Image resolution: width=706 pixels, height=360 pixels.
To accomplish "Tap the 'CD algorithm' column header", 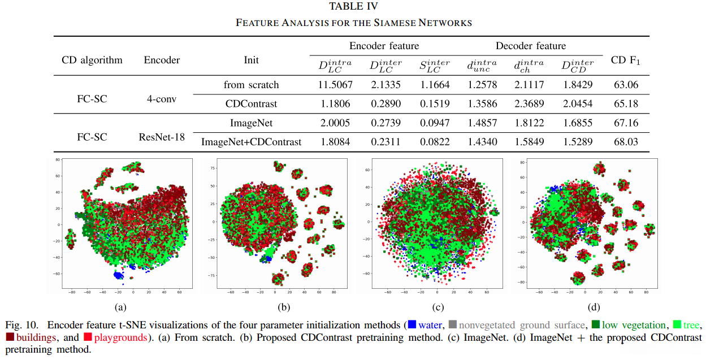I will pos(92,60).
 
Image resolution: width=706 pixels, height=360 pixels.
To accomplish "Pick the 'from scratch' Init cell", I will pos(251,85).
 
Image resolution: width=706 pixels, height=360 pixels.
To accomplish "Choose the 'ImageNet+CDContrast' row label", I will pos(251,142).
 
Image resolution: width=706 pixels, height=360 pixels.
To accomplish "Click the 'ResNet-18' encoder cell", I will pos(162,137).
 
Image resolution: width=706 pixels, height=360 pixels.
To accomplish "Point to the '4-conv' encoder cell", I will pos(161,99).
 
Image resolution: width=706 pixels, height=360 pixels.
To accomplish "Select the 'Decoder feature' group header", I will pos(530,46).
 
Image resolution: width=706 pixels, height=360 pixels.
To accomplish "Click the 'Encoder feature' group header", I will pos(384,46).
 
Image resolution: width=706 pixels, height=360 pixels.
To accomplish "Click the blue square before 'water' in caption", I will pos(412,325).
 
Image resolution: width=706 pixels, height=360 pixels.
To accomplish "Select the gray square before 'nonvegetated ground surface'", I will pos(452,325).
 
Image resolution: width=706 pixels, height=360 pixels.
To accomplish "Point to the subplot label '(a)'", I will pos(119,307).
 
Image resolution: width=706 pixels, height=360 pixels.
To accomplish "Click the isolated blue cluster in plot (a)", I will pos(119,275).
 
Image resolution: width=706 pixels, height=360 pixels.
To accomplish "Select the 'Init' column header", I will pos(251,60).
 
